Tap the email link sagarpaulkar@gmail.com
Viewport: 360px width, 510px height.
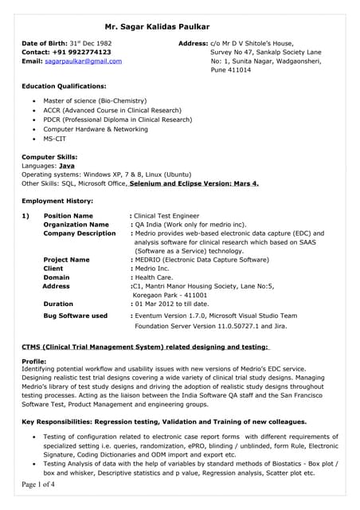pos(83,61)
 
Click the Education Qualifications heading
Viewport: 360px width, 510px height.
pos(63,85)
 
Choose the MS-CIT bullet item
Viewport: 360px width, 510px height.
pos(56,139)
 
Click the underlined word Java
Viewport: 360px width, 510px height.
pos(78,165)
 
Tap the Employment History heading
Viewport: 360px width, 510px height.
pos(57,201)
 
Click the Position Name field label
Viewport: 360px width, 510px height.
pos(68,216)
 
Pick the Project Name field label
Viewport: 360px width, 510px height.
pos(66,260)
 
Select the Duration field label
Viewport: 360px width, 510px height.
pos(58,304)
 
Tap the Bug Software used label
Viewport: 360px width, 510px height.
pos(75,316)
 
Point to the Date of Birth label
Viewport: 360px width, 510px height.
pos(49,41)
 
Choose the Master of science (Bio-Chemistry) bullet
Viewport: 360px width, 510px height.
pos(95,101)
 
